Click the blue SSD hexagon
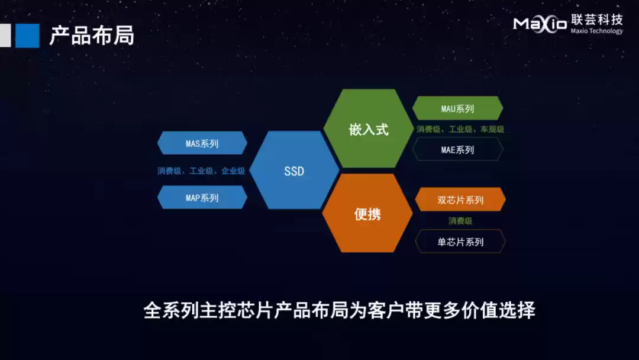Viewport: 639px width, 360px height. click(x=294, y=171)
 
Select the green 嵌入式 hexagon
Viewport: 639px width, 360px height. click(x=368, y=129)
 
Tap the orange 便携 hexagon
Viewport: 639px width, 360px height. click(x=367, y=213)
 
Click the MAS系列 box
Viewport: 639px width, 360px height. click(x=202, y=143)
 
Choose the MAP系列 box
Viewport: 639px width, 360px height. click(x=202, y=198)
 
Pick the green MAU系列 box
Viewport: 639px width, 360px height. click(x=457, y=109)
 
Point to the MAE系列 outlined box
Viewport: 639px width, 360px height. click(x=457, y=150)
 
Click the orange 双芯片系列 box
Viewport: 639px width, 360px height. click(x=460, y=200)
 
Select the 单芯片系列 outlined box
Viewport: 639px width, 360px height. click(x=460, y=242)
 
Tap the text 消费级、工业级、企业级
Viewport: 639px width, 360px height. click(x=201, y=171)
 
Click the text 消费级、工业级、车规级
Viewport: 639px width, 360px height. click(x=460, y=129)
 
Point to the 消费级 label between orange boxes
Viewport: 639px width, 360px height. click(x=460, y=221)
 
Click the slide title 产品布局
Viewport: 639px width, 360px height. click(x=92, y=36)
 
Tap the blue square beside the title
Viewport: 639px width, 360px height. click(x=27, y=36)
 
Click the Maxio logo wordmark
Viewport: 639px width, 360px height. click(x=539, y=24)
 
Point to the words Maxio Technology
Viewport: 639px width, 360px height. click(x=596, y=31)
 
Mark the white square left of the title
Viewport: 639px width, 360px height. click(x=5, y=36)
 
